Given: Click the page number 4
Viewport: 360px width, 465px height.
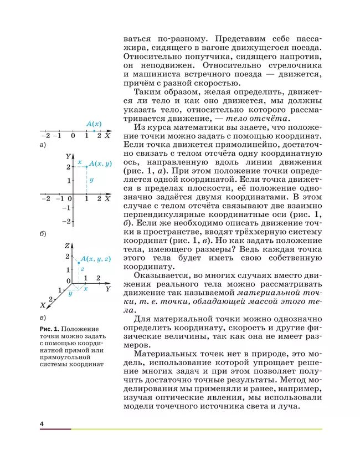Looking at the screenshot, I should pyautogui.click(x=42, y=424).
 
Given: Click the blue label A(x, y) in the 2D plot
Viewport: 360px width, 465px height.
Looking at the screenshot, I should pyautogui.click(x=100, y=163).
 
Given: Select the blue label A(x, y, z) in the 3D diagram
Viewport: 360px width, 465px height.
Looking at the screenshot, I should pyautogui.click(x=95, y=259).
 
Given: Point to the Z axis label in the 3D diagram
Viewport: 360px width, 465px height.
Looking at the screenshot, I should pyautogui.click(x=66, y=245).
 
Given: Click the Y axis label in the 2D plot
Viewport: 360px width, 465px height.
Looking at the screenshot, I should pyautogui.click(x=68, y=156).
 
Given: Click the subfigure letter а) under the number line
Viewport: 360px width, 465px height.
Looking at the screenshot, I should pyautogui.click(x=43, y=145).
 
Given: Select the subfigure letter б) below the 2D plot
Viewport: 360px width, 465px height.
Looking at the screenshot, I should pyautogui.click(x=43, y=234).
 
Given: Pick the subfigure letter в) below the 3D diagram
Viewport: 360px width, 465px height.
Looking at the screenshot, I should pyautogui.click(x=43, y=318).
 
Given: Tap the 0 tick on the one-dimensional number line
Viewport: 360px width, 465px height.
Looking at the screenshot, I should pyautogui.click(x=73, y=136).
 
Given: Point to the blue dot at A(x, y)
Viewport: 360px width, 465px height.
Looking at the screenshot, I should pyautogui.click(x=86, y=166).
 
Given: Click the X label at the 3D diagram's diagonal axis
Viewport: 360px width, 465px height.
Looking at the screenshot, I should pyautogui.click(x=43, y=305).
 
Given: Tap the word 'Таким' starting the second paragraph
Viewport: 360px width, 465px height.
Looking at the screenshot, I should pyautogui.click(x=146, y=92).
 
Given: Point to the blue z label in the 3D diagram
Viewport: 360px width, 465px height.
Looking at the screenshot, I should pyautogui.click(x=82, y=269).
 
